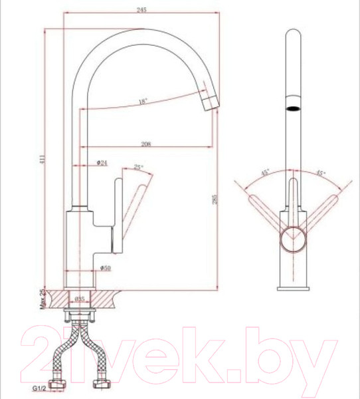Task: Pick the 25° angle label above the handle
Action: tap(138, 168)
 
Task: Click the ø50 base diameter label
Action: tap(104, 267)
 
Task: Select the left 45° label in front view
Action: tap(266, 174)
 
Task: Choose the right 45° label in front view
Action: tap(319, 174)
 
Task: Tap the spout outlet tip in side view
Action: tap(211, 104)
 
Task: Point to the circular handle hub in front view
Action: tap(292, 237)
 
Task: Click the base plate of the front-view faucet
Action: tap(292, 286)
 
